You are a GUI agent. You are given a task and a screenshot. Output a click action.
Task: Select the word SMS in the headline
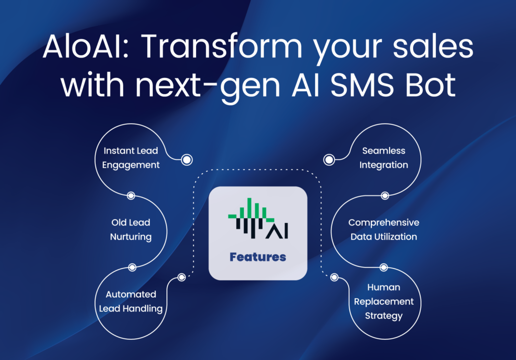point(362,85)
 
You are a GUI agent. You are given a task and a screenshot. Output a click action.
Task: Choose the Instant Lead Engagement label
point(131,158)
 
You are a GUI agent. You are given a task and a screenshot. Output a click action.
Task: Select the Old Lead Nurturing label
point(131,230)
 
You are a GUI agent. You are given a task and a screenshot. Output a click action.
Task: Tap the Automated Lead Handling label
point(131,302)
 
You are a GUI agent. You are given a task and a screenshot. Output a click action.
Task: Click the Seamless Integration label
point(383,158)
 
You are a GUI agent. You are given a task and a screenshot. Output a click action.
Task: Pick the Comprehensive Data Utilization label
point(383,230)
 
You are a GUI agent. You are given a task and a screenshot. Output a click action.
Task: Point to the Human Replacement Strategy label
point(383,302)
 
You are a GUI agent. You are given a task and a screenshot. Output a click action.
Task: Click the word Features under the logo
point(258,257)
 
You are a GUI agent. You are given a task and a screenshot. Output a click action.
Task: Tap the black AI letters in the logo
point(277,231)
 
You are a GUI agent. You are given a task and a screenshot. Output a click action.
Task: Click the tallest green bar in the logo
point(249,208)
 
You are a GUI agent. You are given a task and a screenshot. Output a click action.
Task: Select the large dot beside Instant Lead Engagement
point(186,160)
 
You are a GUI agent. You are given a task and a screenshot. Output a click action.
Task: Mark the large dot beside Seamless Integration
point(329,160)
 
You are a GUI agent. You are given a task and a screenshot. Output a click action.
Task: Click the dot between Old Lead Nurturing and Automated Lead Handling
point(132,267)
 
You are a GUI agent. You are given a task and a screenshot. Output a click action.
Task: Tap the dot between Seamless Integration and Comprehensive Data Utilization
point(384,196)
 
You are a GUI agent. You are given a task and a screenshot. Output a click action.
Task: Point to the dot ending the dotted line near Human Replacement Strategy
point(334,277)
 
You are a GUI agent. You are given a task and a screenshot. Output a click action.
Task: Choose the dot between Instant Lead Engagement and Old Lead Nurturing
point(131,196)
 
